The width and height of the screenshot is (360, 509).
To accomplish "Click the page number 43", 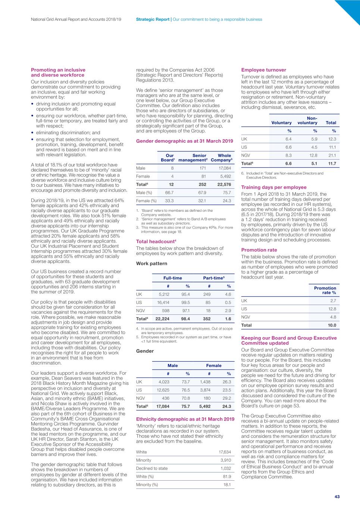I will point(337,496).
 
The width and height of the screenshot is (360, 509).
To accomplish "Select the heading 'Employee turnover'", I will point(263,70).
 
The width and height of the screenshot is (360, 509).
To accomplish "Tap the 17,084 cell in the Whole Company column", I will point(225,168).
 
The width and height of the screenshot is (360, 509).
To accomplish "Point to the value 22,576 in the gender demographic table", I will point(224,185).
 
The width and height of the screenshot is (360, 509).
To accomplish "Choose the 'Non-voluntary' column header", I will point(307,120).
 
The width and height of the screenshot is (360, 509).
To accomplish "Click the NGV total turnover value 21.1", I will point(332,155).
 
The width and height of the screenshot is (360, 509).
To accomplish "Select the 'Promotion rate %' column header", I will point(325,290).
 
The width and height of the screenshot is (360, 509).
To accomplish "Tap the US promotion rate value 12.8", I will point(332,309).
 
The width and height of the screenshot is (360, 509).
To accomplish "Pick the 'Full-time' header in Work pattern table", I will point(173,278).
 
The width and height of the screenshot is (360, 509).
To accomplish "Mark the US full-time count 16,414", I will point(163,303).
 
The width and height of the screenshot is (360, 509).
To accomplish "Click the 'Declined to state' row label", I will point(152,468).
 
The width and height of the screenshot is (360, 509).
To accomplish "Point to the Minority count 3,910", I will point(225,460).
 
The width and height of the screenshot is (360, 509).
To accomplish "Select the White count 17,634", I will point(225,452).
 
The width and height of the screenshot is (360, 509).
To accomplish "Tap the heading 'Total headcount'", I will point(156,242).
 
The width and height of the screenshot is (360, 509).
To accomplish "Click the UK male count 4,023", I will point(164,382).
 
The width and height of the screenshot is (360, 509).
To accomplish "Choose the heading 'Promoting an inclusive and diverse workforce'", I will point(58,72).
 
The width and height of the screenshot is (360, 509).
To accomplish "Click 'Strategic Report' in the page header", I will point(153,19).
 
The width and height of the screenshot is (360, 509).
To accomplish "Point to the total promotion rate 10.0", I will point(332,326).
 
